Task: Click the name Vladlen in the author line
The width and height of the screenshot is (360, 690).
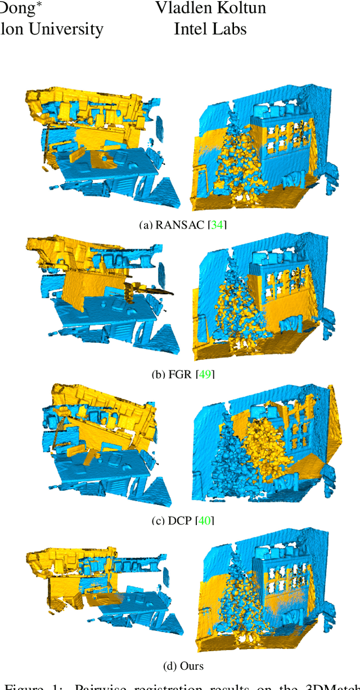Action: (x=182, y=8)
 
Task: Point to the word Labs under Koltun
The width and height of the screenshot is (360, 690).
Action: (x=228, y=29)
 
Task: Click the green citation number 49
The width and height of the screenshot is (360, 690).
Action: (x=204, y=374)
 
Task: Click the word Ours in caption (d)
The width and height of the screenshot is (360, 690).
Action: (x=192, y=666)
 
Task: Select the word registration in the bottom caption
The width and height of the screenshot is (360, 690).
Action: (x=164, y=686)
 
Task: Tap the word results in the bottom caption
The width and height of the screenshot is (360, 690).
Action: (x=232, y=686)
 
